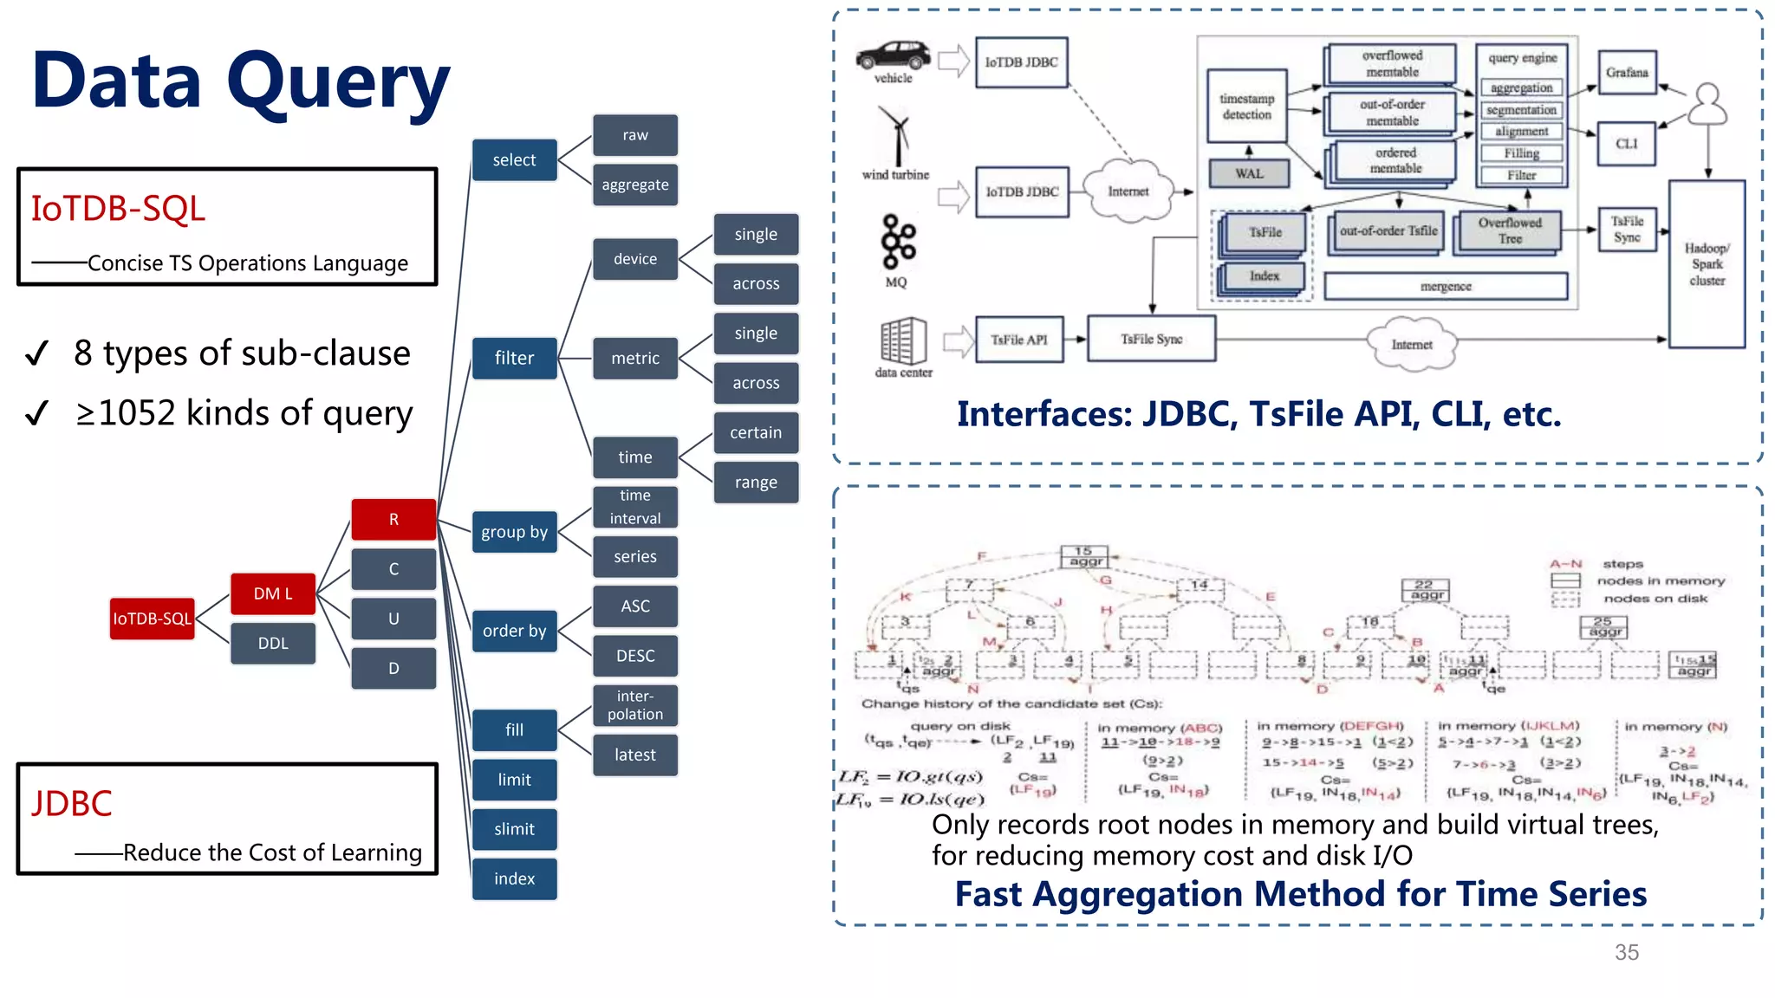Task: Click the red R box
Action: point(393,519)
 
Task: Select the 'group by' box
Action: point(514,532)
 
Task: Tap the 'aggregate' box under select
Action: point(635,185)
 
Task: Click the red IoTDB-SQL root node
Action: point(152,619)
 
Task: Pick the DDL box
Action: point(273,644)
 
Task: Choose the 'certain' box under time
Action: point(756,432)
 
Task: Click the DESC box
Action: point(635,656)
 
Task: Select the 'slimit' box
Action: point(514,829)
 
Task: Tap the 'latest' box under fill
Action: point(635,755)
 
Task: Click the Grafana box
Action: point(1627,73)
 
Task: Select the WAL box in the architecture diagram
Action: point(1249,173)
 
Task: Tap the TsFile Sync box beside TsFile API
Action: point(1151,339)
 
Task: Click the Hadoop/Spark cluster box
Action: point(1707,264)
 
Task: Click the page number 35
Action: point(1626,952)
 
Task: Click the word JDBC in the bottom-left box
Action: point(72,804)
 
